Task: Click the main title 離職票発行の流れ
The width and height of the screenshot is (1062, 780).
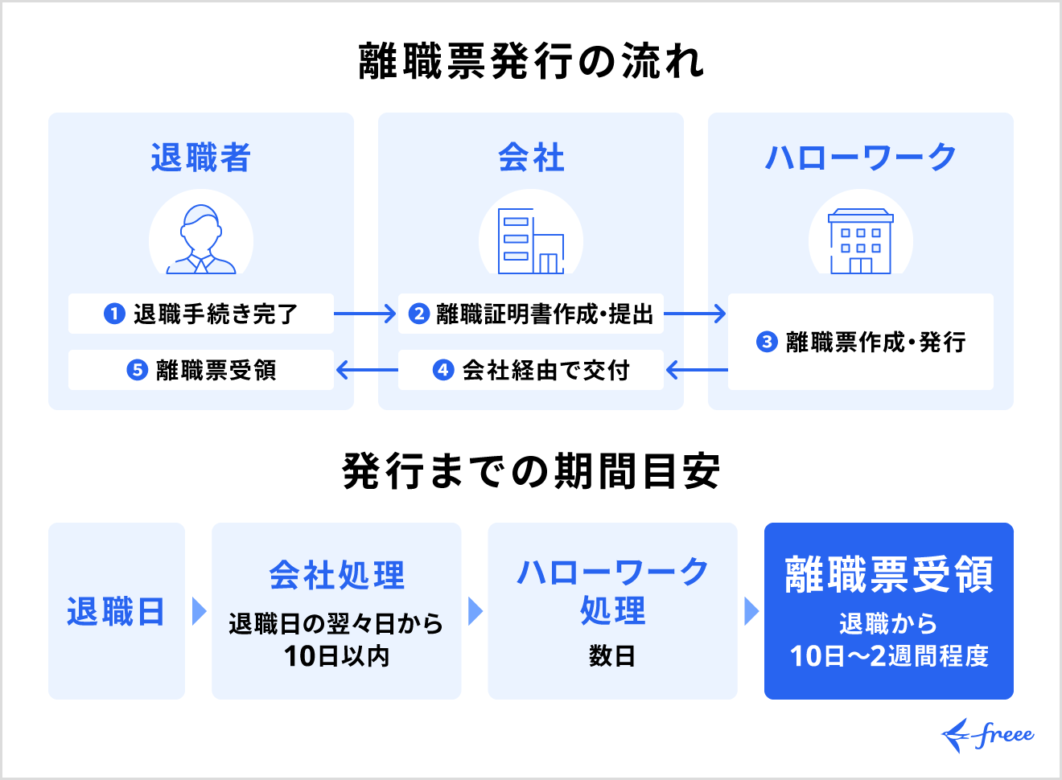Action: pyautogui.click(x=531, y=61)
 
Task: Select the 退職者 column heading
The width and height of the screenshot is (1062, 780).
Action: pyautogui.click(x=200, y=158)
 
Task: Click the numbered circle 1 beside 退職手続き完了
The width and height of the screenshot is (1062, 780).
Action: pyautogui.click(x=114, y=314)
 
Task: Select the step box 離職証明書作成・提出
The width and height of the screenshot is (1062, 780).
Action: pyautogui.click(x=531, y=314)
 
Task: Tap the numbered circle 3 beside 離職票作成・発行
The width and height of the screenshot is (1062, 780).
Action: pyautogui.click(x=767, y=342)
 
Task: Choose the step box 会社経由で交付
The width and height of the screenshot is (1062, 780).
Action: pyautogui.click(x=531, y=370)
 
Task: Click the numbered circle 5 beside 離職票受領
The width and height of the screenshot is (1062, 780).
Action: pyautogui.click(x=138, y=370)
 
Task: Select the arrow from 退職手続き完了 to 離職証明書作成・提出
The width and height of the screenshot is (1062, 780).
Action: pyautogui.click(x=365, y=314)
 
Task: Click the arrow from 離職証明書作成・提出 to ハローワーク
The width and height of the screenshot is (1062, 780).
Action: pyautogui.click(x=695, y=314)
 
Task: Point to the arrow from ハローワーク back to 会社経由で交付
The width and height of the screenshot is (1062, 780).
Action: pyautogui.click(x=697, y=370)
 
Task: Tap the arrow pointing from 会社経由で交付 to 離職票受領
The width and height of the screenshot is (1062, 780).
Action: pyautogui.click(x=367, y=370)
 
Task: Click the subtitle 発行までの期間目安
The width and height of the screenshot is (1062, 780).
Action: pyautogui.click(x=531, y=471)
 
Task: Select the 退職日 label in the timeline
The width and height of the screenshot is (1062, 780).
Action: pyautogui.click(x=116, y=612)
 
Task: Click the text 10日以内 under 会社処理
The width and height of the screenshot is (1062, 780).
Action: pyautogui.click(x=336, y=656)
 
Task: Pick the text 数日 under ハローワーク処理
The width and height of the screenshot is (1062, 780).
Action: pyautogui.click(x=612, y=656)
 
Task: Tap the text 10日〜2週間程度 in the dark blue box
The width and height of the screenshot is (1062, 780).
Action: pyautogui.click(x=888, y=656)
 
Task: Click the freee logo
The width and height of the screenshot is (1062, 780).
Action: pyautogui.click(x=988, y=735)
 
